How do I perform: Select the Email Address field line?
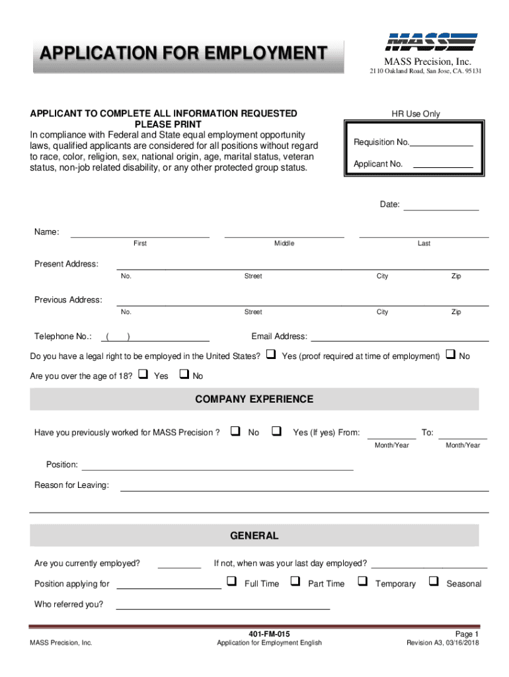coord(400,339)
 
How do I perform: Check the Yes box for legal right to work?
coord(270,355)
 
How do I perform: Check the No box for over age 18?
coord(184,376)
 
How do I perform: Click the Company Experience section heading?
coord(255,399)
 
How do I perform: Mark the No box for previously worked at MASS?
coord(235,432)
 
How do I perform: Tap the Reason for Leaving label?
coord(71,485)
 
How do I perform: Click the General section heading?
coord(255,536)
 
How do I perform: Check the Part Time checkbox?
coord(295,582)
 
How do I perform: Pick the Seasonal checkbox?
coord(434,582)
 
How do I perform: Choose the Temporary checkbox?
coord(362,582)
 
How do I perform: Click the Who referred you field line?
coord(223,606)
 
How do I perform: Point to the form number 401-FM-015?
coord(269,633)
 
